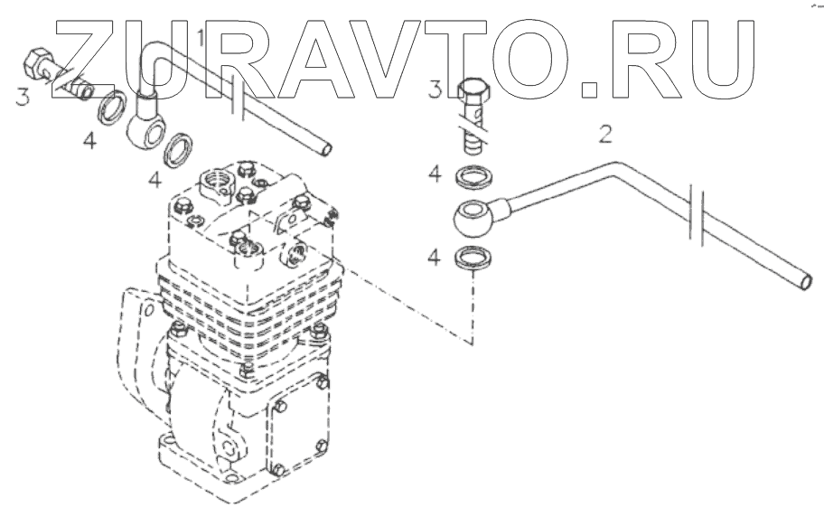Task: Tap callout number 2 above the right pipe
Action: [x=605, y=136]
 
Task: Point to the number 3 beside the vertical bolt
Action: [x=435, y=89]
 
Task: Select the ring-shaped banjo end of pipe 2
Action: [x=473, y=217]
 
